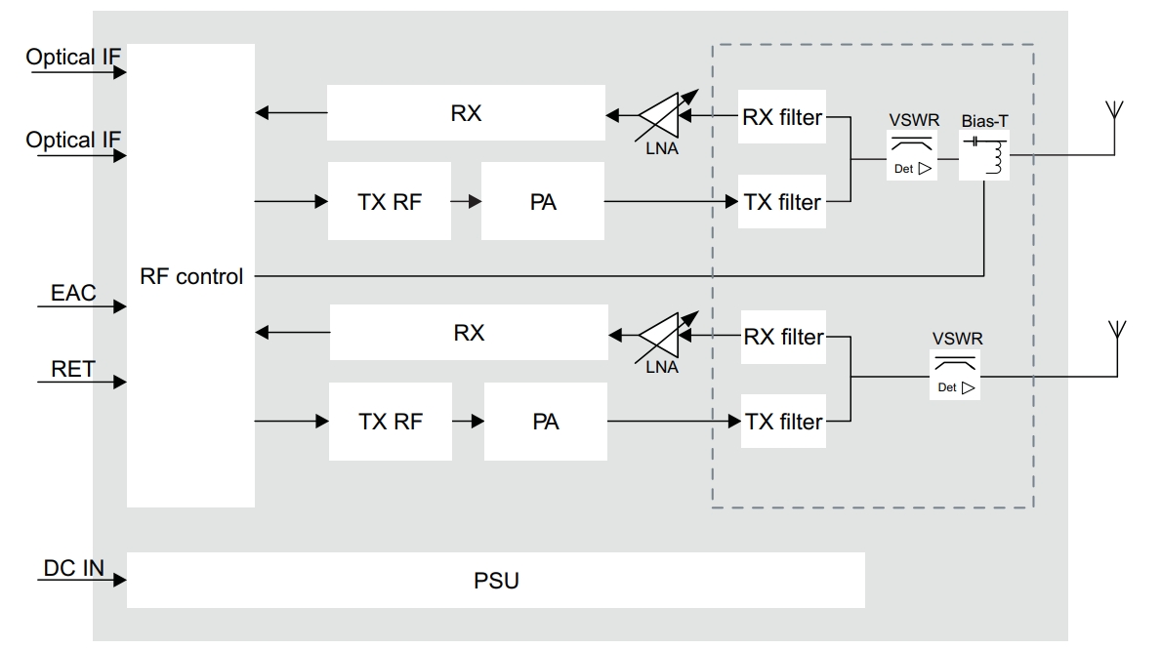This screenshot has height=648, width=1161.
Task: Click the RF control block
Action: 191,275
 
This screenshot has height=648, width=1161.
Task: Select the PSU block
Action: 495,580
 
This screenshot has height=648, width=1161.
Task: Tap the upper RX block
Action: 466,112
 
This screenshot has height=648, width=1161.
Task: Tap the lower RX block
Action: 469,332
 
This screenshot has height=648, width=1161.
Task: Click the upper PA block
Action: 543,201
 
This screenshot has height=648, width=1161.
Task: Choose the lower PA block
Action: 546,422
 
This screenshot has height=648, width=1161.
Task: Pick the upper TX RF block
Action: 390,201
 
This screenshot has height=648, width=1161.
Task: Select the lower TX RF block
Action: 391,422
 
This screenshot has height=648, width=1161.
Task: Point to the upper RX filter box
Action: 782,117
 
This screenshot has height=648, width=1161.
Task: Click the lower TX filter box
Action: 783,421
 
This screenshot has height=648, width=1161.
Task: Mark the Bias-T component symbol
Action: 984,155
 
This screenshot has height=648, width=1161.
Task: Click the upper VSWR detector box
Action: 912,155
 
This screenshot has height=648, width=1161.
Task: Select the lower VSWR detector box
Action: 955,375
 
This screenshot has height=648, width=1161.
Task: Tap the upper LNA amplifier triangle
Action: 663,115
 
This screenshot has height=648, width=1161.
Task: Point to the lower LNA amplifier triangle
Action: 663,335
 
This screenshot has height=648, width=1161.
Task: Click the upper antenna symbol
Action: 1113,127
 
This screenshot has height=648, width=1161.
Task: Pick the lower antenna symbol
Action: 1117,348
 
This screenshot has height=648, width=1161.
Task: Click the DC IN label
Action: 74,568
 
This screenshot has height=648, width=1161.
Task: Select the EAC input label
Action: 73,293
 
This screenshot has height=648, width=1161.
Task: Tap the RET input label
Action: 72,369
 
